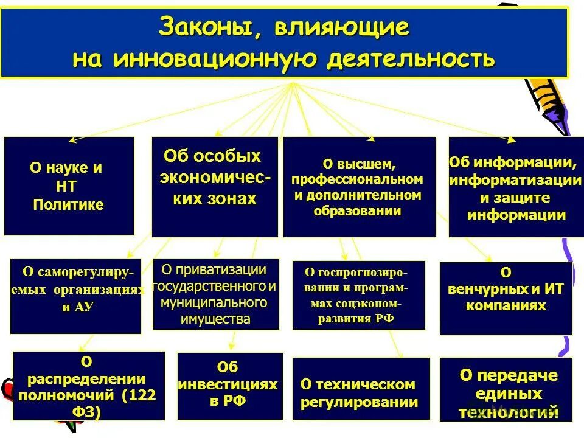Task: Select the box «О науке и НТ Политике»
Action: click(x=69, y=186)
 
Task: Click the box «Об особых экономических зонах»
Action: click(x=214, y=187)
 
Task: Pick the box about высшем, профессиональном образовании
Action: click(x=360, y=187)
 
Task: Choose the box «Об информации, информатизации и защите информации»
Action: click(x=515, y=187)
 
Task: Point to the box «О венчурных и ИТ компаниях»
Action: click(x=506, y=298)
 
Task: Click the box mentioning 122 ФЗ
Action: click(x=89, y=386)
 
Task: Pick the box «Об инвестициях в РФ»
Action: click(x=229, y=386)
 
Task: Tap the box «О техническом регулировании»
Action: click(x=361, y=389)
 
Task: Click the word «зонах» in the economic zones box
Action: click(x=232, y=200)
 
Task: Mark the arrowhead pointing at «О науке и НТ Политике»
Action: click(x=71, y=140)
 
